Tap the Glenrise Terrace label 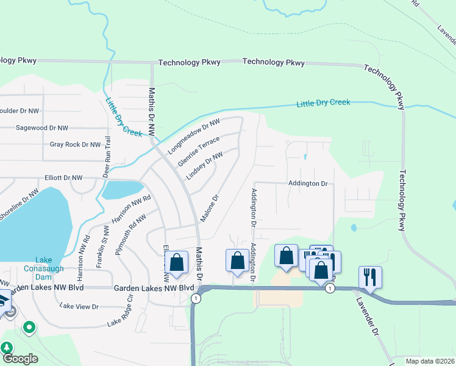199,151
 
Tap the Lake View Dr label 79,307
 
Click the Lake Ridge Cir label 120,315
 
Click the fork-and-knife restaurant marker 370,276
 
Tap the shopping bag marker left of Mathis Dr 177,262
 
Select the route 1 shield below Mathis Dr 195,298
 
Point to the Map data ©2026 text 430,361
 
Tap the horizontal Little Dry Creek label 323,103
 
